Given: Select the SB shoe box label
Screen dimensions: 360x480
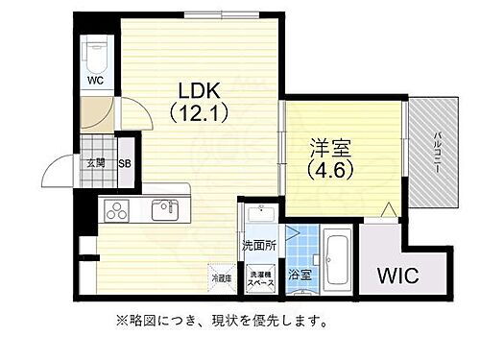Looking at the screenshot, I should (125, 162).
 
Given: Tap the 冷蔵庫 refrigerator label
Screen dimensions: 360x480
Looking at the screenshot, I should (222, 278).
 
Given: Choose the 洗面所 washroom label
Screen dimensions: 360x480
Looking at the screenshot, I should (258, 245).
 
